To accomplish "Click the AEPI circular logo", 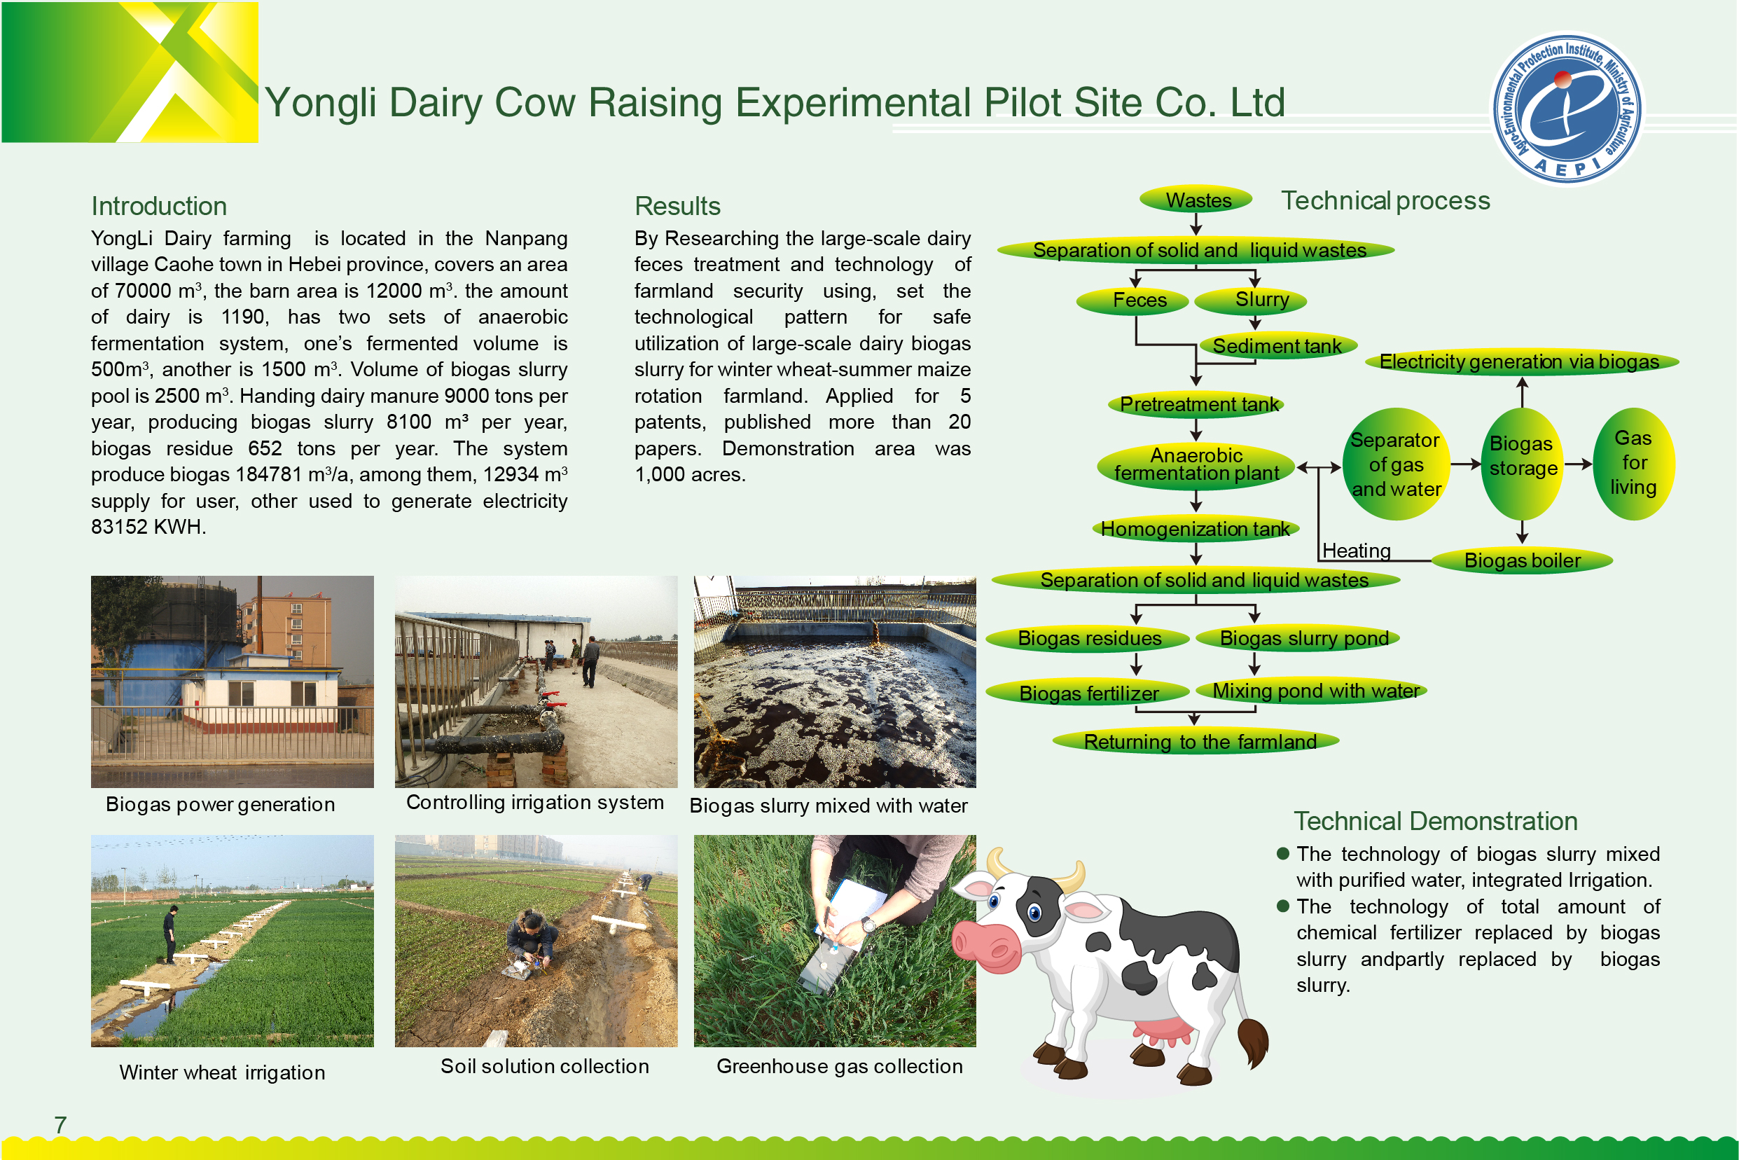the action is [x=1567, y=108].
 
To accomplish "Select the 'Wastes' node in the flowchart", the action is [x=1196, y=199].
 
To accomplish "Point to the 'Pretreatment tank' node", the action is [x=1196, y=404].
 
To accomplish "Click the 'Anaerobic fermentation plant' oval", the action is [x=1196, y=464].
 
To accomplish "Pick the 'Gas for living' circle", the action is [x=1633, y=464].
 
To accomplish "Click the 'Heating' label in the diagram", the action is [x=1356, y=551].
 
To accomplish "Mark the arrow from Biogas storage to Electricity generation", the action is [x=1523, y=392].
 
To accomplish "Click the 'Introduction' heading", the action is [x=159, y=206].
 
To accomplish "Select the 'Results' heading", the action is [x=677, y=206].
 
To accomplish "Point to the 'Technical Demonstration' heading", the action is [x=1436, y=821].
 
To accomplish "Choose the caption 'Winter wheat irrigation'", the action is [x=222, y=1072].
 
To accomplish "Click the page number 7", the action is [x=61, y=1124].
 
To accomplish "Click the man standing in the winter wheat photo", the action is [x=171, y=934].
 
